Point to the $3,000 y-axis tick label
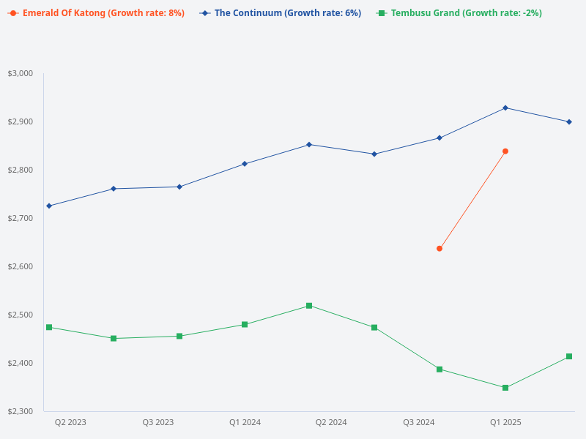coord(21,73)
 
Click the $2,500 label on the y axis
coord(21,315)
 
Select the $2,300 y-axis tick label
coord(21,411)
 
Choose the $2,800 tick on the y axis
coord(21,170)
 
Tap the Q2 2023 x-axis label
coord(70,422)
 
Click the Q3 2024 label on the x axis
coord(418,422)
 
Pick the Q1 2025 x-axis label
coord(505,422)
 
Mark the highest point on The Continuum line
coord(505,108)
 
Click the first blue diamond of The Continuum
coord(49,206)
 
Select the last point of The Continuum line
coord(569,122)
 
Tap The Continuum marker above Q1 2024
coord(245,164)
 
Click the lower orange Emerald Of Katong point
coord(439,249)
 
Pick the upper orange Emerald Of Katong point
coord(505,151)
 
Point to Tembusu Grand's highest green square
coord(309,306)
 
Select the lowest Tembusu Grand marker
coord(505,388)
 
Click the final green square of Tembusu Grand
coord(569,356)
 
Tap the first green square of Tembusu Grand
coord(49,327)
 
